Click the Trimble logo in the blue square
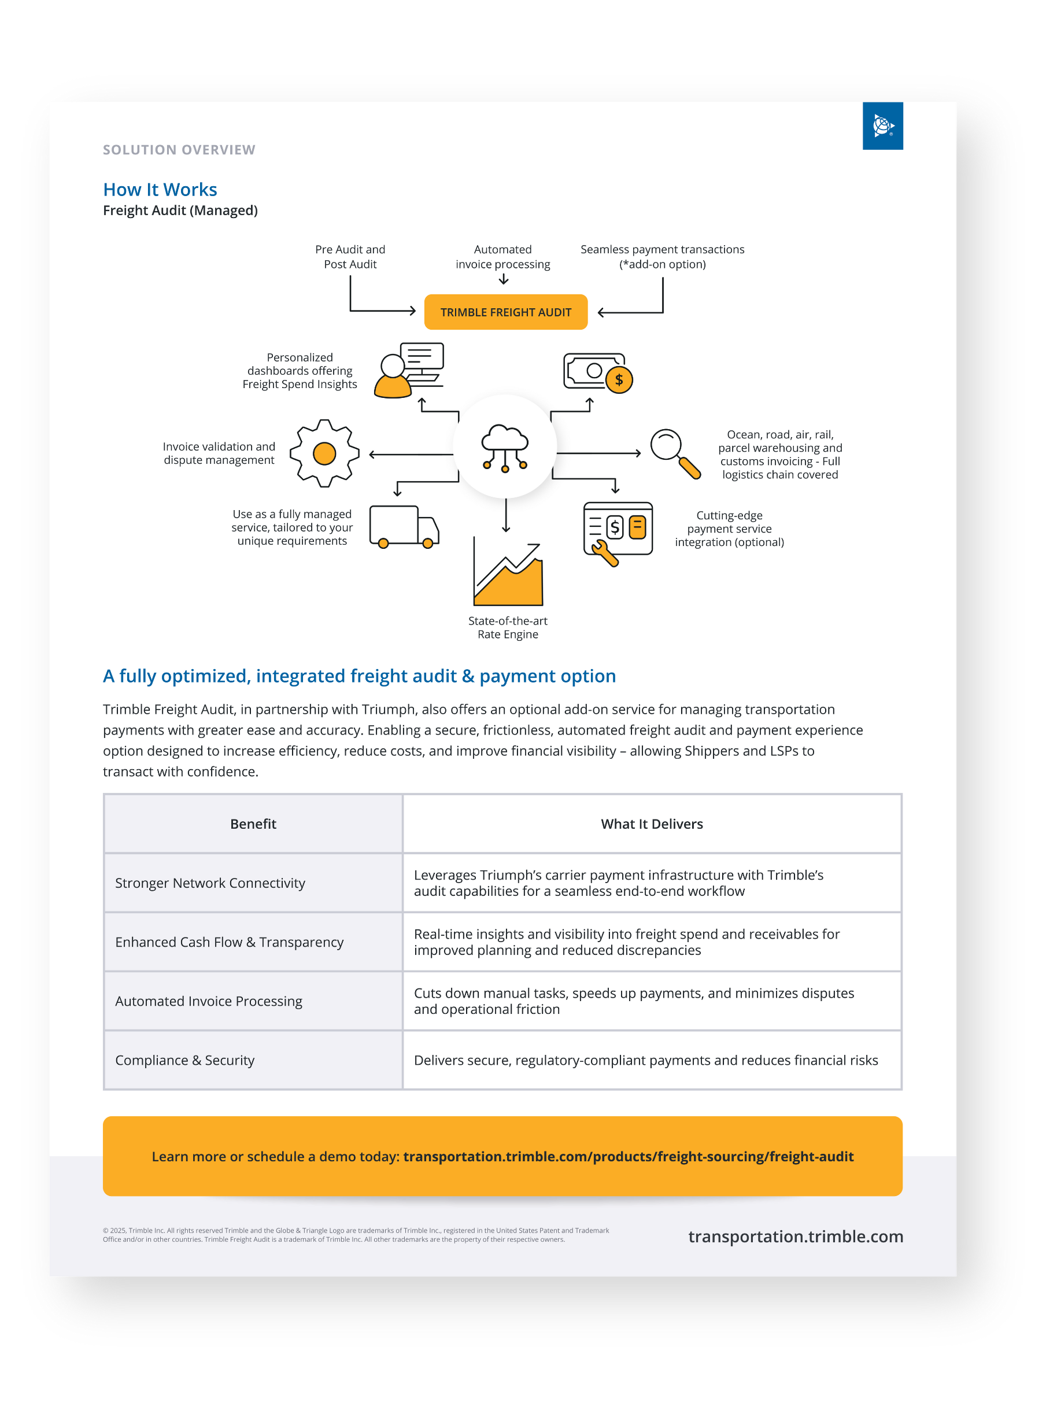click(882, 126)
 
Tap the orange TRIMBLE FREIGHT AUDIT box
click(505, 312)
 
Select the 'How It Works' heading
click(160, 189)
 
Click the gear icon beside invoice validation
click(324, 453)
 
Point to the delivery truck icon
click(404, 526)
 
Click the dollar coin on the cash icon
click(619, 380)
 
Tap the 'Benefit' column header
click(253, 824)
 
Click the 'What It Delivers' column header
click(652, 824)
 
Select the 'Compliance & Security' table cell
click(185, 1060)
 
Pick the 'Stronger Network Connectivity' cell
click(210, 883)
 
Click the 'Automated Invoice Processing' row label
click(209, 1001)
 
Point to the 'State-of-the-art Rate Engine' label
click(508, 628)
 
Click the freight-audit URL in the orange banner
click(628, 1156)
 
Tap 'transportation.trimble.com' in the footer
click(795, 1236)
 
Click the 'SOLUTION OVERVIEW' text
click(179, 150)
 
